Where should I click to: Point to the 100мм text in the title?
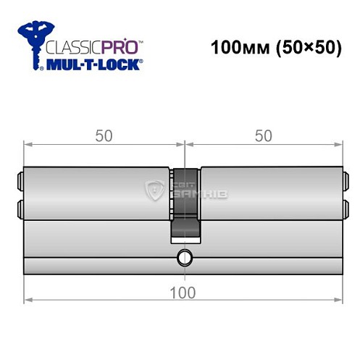click(236, 49)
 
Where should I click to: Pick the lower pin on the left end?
click(19, 209)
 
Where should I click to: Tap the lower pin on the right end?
click(346, 209)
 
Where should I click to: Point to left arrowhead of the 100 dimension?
click(27, 298)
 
